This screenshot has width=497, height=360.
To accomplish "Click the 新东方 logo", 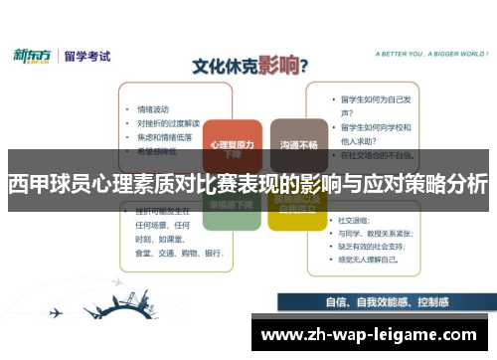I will pos(33,57).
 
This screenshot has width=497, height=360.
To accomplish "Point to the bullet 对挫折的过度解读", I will pos(168,123).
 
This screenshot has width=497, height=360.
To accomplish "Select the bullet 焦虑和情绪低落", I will pos(164,137).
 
